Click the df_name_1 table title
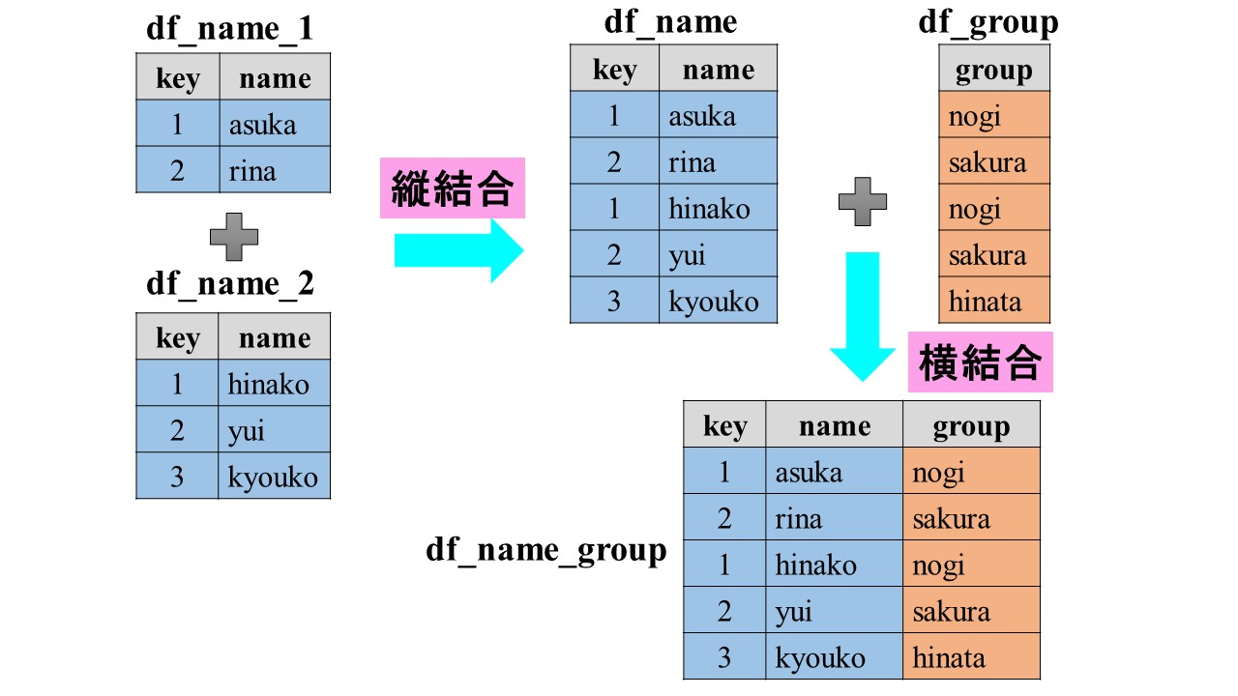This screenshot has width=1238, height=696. [x=229, y=28]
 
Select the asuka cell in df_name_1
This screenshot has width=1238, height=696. [x=275, y=125]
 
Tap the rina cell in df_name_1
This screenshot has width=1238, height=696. [x=275, y=171]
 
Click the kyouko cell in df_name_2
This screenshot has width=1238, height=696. [x=274, y=477]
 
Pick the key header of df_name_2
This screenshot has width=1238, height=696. [x=177, y=338]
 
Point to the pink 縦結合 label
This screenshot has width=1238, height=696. [x=452, y=188]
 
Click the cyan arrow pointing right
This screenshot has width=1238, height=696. [x=458, y=249]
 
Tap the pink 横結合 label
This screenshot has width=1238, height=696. [x=980, y=363]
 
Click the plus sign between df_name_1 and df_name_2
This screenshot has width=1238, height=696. [x=233, y=237]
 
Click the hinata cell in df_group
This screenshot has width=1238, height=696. [x=993, y=301]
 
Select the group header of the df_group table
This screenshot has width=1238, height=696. [x=993, y=70]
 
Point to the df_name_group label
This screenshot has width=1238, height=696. [x=546, y=550]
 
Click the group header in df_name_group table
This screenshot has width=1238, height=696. [x=971, y=426]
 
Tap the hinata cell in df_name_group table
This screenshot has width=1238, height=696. [x=971, y=658]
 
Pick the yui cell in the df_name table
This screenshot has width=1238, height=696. [x=718, y=255]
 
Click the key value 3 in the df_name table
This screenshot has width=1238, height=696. [x=614, y=301]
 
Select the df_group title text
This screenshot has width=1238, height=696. [x=987, y=21]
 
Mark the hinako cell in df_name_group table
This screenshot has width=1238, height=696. [x=834, y=565]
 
